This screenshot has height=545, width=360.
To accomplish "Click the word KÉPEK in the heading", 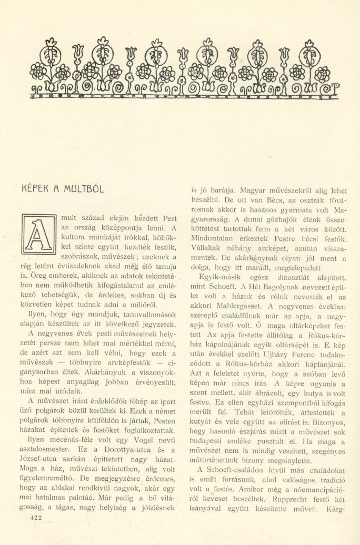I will tap(35, 188).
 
